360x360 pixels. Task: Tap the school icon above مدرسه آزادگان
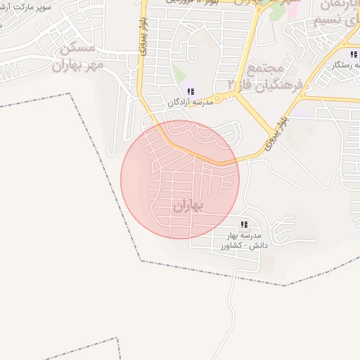(191, 91)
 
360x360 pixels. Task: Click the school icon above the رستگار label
(353, 54)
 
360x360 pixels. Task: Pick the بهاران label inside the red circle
(187, 206)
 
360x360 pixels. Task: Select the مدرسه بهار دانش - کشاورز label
(244, 240)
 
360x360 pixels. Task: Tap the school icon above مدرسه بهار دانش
(244, 225)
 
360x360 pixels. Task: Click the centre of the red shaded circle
(180, 179)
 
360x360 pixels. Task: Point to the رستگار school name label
(345, 65)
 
